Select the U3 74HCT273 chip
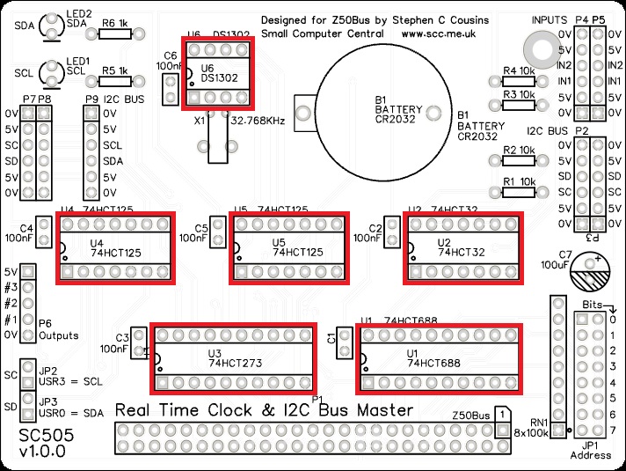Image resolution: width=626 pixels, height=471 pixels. (232, 358)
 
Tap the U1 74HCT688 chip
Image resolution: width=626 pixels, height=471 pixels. (438, 358)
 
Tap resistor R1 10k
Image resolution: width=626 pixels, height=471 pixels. (518, 192)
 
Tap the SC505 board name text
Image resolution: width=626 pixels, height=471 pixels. (45, 436)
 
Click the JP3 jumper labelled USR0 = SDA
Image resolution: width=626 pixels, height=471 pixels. (25, 408)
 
